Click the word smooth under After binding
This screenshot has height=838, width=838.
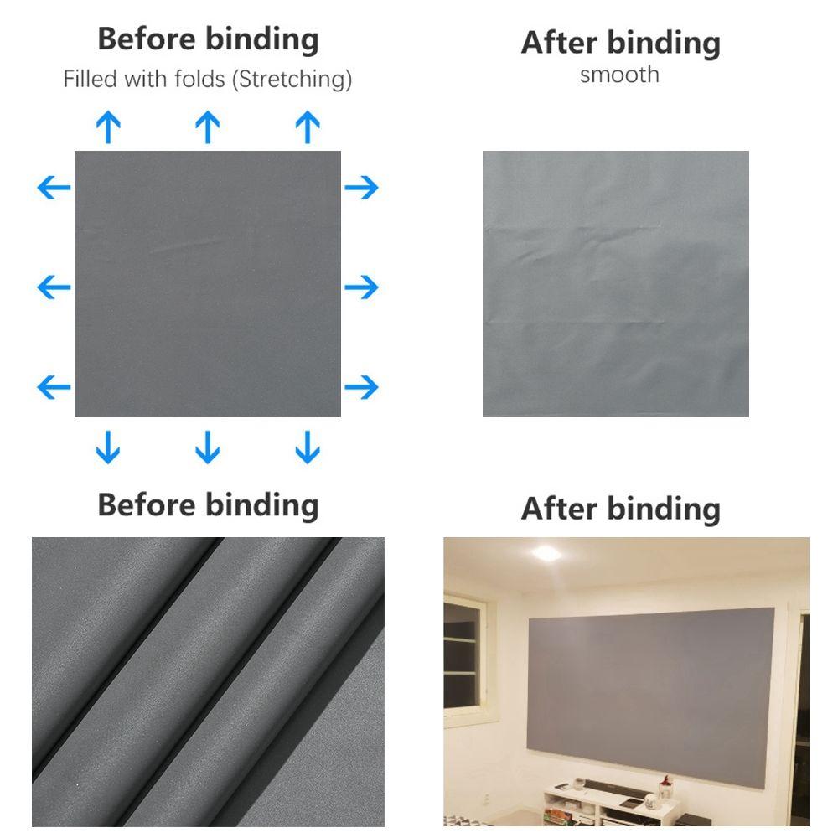[x=619, y=75]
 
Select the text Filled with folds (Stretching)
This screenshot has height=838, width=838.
[x=208, y=80]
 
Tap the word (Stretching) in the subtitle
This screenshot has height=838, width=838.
[x=292, y=80]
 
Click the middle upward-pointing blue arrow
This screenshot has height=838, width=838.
[x=208, y=128]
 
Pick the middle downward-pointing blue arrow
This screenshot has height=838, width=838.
[x=208, y=447]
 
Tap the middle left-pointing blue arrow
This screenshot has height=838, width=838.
[x=54, y=287]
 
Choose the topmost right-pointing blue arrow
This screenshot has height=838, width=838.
[x=362, y=187]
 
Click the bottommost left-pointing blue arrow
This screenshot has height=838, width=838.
[x=54, y=387]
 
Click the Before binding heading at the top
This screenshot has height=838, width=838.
[x=208, y=39]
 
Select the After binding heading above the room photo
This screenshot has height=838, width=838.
[x=620, y=508]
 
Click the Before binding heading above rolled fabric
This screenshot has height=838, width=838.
[x=208, y=504]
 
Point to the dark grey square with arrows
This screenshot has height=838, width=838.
[x=208, y=283]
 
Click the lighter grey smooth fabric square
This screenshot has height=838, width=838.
[x=615, y=283]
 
